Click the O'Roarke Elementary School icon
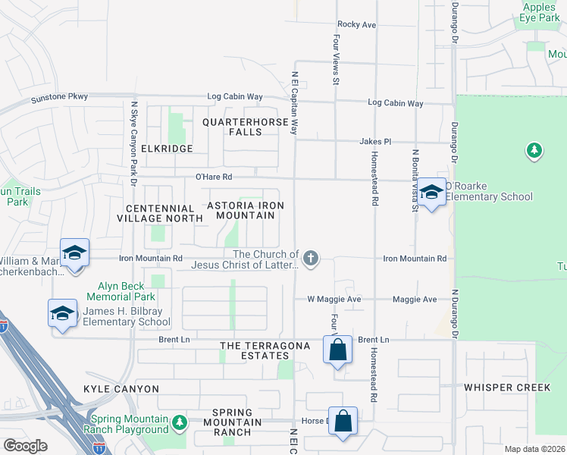[431, 193]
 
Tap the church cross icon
[311, 259]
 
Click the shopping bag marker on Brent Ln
[338, 350]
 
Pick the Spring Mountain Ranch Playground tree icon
[179, 421]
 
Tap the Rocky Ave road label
[357, 24]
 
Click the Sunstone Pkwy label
[59, 98]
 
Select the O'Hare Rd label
[213, 177]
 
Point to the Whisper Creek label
[507, 388]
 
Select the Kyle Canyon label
[121, 389]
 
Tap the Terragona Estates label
[265, 351]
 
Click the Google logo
[25, 446]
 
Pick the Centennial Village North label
[160, 213]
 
